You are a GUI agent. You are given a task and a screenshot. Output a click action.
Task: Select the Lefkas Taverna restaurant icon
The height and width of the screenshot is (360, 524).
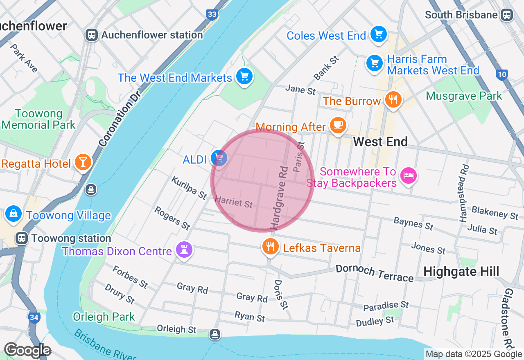(x=270, y=247)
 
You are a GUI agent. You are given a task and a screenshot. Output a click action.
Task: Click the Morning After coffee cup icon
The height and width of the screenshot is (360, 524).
(x=338, y=125)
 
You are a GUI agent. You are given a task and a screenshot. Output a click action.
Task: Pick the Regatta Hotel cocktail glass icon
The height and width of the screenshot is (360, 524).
(x=83, y=162)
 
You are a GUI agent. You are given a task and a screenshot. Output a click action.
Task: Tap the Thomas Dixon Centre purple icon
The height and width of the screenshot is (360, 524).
(x=184, y=249)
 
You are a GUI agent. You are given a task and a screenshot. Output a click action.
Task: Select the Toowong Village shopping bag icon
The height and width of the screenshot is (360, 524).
(x=14, y=214)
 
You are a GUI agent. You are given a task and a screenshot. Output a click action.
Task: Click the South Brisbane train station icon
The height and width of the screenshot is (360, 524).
(x=507, y=15)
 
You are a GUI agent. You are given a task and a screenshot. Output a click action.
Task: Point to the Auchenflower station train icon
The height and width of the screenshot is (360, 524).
(x=91, y=35)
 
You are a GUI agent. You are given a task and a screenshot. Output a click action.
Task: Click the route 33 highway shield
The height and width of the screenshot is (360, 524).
(x=212, y=15)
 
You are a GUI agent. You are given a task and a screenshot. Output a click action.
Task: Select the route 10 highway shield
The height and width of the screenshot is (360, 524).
(x=502, y=74)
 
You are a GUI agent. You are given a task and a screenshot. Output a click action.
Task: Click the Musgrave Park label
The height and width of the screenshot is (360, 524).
(x=464, y=96)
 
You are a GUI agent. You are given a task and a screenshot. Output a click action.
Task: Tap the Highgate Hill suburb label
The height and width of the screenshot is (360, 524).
(x=461, y=271)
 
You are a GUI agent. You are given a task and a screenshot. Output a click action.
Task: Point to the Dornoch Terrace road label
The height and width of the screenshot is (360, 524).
(x=375, y=273)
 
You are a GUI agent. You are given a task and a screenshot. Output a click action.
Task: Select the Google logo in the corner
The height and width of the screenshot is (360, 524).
(x=27, y=350)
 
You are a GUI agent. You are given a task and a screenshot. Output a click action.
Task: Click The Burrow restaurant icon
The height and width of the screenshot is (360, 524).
(x=393, y=100)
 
